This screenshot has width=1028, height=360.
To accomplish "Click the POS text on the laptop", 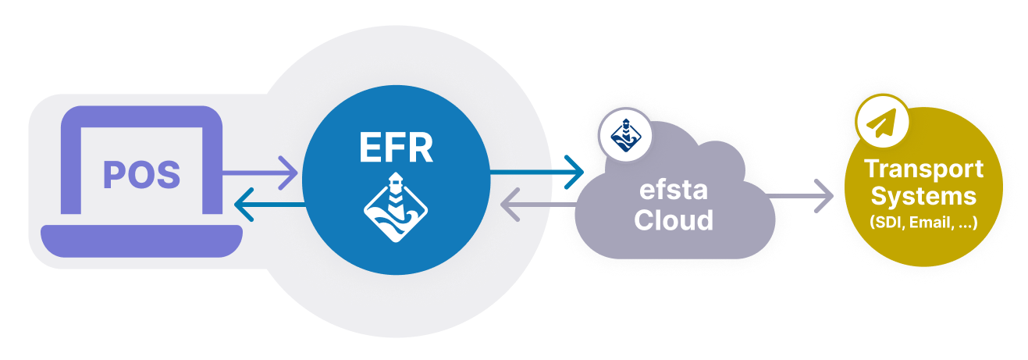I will click(142, 174).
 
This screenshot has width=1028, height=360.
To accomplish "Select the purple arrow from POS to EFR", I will click(258, 168).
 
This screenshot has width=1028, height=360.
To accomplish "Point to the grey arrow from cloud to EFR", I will click(539, 205).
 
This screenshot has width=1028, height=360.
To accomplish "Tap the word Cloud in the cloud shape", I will click(674, 219).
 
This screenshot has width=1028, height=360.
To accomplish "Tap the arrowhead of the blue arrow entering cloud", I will click(576, 168).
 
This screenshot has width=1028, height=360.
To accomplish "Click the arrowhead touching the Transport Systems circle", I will click(824, 195).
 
